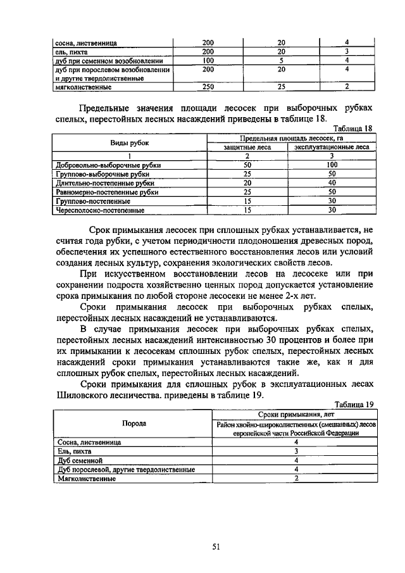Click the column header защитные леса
(247, 147)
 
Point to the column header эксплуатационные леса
(331, 147)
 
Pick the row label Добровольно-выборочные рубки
(108, 165)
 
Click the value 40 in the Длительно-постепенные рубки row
(332, 182)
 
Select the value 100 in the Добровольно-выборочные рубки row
(332, 165)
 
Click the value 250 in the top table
(208, 87)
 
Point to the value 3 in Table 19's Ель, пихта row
(296, 451)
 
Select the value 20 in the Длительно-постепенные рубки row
(248, 182)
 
